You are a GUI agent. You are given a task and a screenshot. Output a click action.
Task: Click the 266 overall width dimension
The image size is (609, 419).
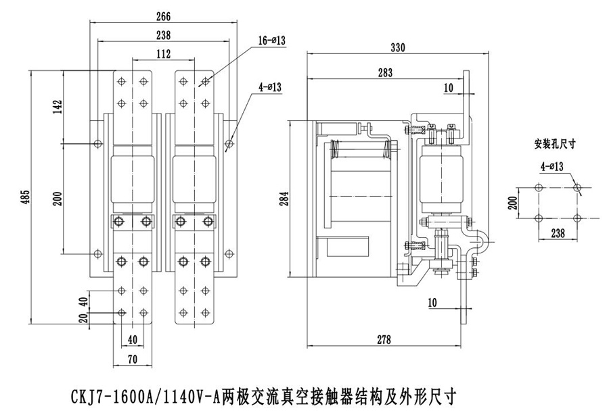click(162, 17)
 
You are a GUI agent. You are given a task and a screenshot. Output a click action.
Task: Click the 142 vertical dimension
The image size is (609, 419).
click(58, 107)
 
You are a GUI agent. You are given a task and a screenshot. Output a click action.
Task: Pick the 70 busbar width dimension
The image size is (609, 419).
click(132, 360)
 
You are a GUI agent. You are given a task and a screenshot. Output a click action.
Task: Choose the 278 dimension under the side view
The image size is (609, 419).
click(384, 341)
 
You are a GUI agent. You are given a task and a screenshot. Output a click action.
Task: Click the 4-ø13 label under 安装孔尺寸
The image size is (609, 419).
click(553, 165)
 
